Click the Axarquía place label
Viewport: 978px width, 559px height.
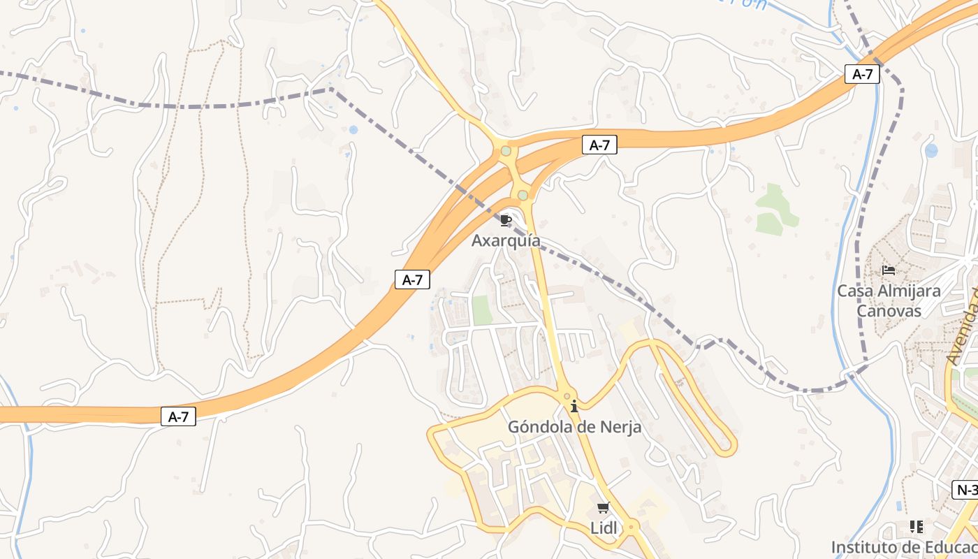506,240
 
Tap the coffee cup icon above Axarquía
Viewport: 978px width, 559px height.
506,221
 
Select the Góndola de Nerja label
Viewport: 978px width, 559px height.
574,426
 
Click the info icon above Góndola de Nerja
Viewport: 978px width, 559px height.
574,406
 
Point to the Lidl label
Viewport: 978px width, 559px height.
604,528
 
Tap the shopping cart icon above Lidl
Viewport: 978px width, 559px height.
604,508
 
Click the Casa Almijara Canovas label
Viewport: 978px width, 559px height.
889,300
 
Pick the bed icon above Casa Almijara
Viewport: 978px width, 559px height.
889,270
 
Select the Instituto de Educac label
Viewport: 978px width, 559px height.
904,546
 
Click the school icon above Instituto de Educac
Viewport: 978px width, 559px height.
916,526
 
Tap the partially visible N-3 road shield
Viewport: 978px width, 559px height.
965,490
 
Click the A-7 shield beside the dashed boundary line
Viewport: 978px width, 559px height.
862,74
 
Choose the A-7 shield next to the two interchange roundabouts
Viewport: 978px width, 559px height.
599,145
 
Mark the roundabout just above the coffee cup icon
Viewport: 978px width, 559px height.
523,195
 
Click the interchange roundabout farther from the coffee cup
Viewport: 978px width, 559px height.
506,150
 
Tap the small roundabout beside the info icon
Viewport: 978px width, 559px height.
567,396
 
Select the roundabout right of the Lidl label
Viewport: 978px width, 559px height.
632,526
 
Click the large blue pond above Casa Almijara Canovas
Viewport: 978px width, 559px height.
930,150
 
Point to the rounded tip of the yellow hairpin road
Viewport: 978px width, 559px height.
731,444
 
